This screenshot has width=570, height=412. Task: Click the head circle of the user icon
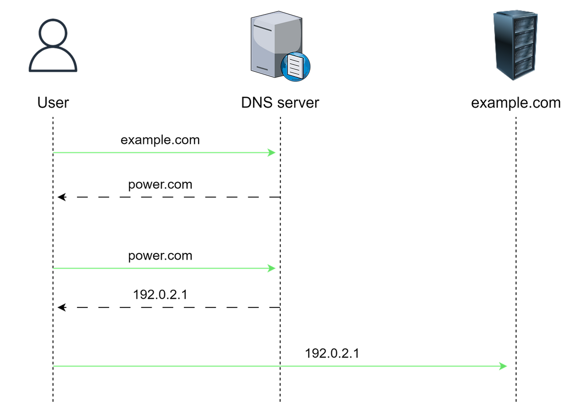click(53, 32)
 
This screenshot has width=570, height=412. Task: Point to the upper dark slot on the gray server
click(263, 29)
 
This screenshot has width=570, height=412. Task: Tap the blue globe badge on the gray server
click(295, 67)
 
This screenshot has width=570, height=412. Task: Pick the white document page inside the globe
click(295, 66)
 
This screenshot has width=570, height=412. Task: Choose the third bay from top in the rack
click(524, 52)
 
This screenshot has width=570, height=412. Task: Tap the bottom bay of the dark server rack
click(523, 65)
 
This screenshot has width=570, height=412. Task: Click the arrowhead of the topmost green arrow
click(272, 153)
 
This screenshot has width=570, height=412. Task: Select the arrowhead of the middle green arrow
click(272, 268)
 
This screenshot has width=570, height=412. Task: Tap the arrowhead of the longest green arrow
click(504, 366)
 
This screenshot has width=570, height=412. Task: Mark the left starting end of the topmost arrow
click(54, 153)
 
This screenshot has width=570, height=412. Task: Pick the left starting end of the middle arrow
click(54, 268)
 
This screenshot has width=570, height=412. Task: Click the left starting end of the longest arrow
click(54, 366)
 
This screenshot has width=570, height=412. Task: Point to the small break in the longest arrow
click(280, 366)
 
